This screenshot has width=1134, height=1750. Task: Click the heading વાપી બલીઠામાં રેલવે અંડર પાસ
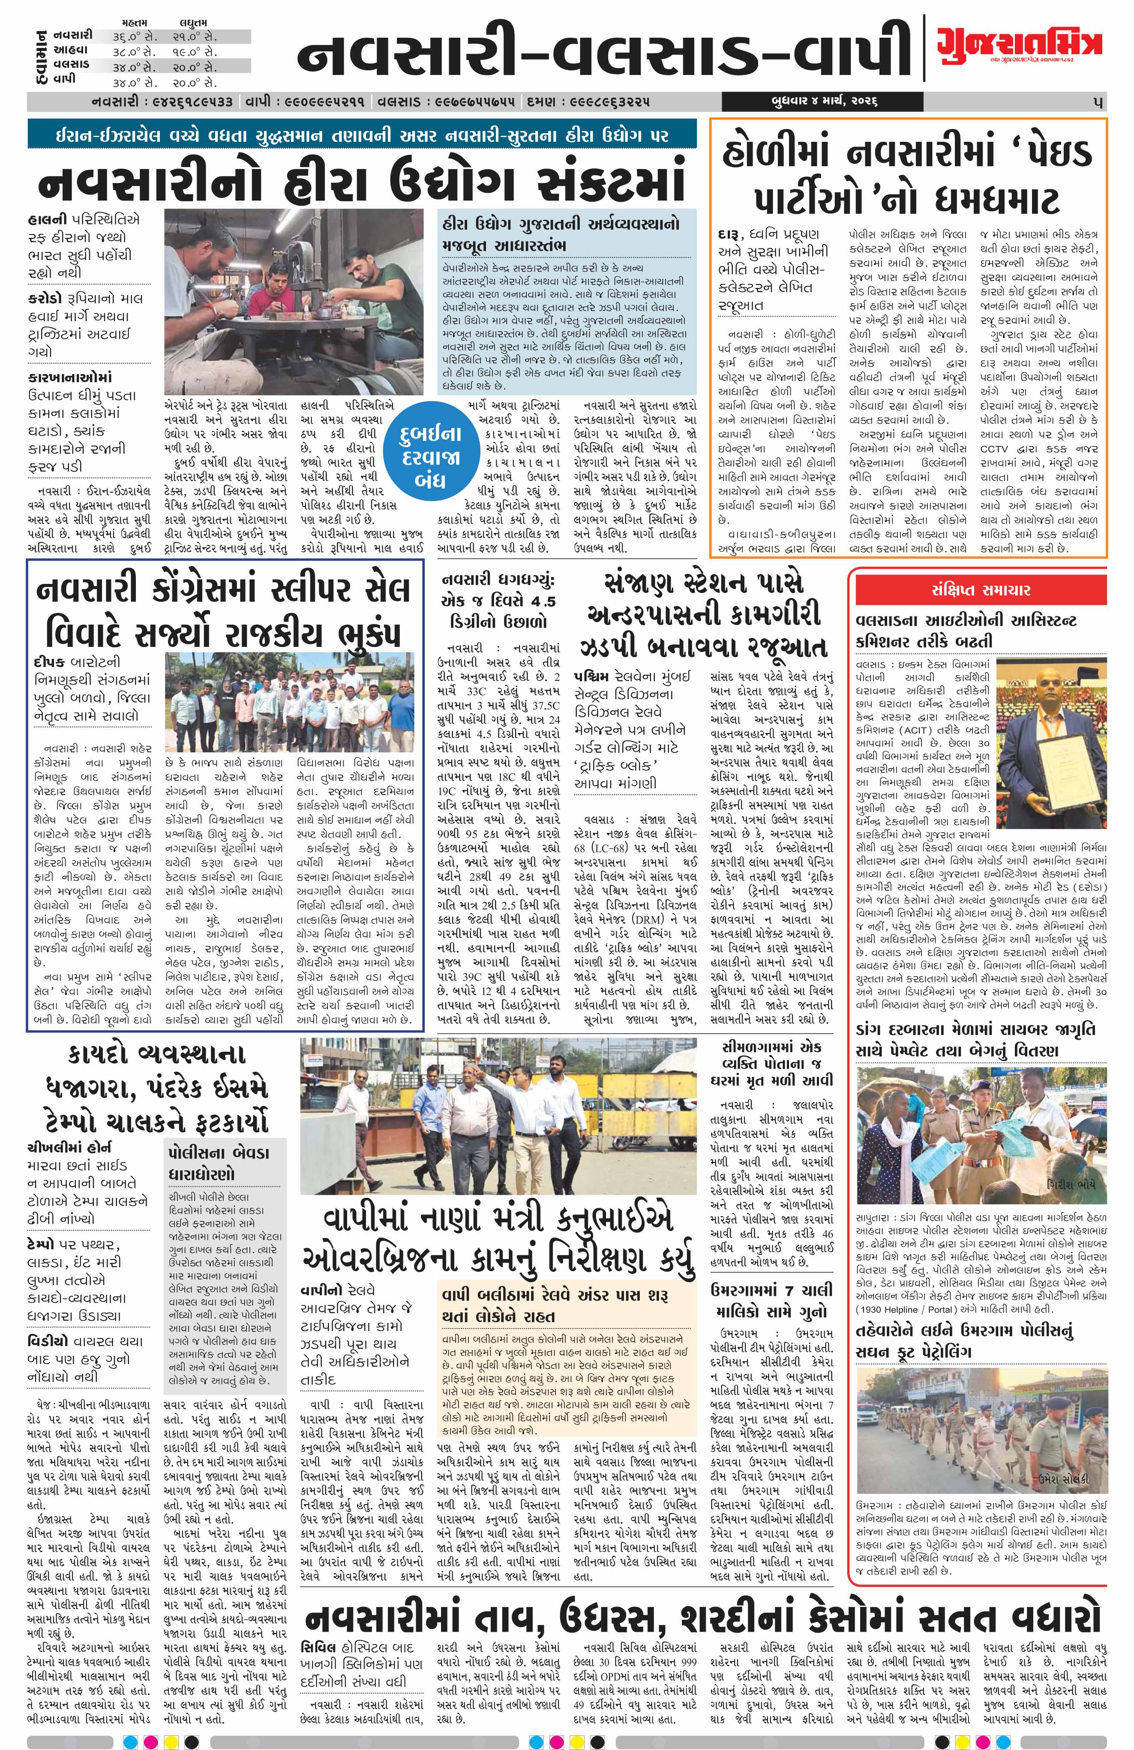pos(555,1295)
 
